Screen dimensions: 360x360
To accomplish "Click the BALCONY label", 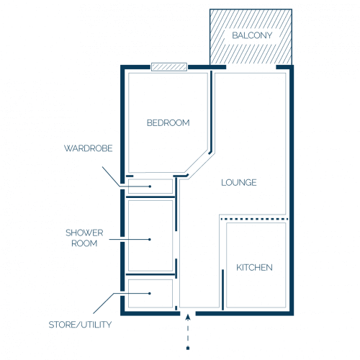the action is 252,35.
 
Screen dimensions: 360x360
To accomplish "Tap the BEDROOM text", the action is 168,123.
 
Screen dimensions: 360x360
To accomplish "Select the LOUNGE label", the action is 239,183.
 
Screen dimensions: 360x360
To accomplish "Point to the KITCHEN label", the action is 254,268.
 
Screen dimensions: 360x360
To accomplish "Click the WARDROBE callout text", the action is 89,148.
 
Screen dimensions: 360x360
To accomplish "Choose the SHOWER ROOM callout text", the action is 84,238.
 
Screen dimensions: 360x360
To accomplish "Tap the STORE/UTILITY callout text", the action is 80,325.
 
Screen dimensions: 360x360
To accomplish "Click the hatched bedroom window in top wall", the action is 169,67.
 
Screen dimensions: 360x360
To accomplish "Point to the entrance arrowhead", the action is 188,317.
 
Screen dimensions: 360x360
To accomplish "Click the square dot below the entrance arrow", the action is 188,348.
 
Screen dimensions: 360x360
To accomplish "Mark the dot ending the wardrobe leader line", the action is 150,186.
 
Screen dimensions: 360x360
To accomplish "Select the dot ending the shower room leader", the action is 150,239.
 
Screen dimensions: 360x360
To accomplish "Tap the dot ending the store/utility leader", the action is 150,293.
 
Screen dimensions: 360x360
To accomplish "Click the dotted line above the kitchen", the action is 254,219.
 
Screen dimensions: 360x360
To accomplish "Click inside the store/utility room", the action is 150,293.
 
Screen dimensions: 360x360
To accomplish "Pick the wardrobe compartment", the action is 150,186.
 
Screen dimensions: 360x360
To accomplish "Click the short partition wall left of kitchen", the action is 222,289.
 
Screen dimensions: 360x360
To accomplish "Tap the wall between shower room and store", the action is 151,274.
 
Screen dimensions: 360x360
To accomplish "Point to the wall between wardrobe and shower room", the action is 150,197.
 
